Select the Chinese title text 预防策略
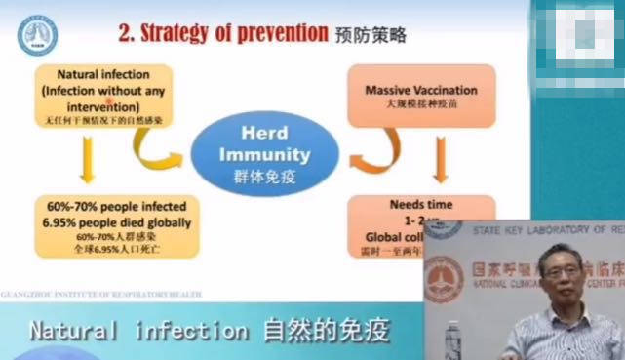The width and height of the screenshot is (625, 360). (371, 35)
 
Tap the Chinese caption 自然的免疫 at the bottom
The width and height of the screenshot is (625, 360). (326, 331)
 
